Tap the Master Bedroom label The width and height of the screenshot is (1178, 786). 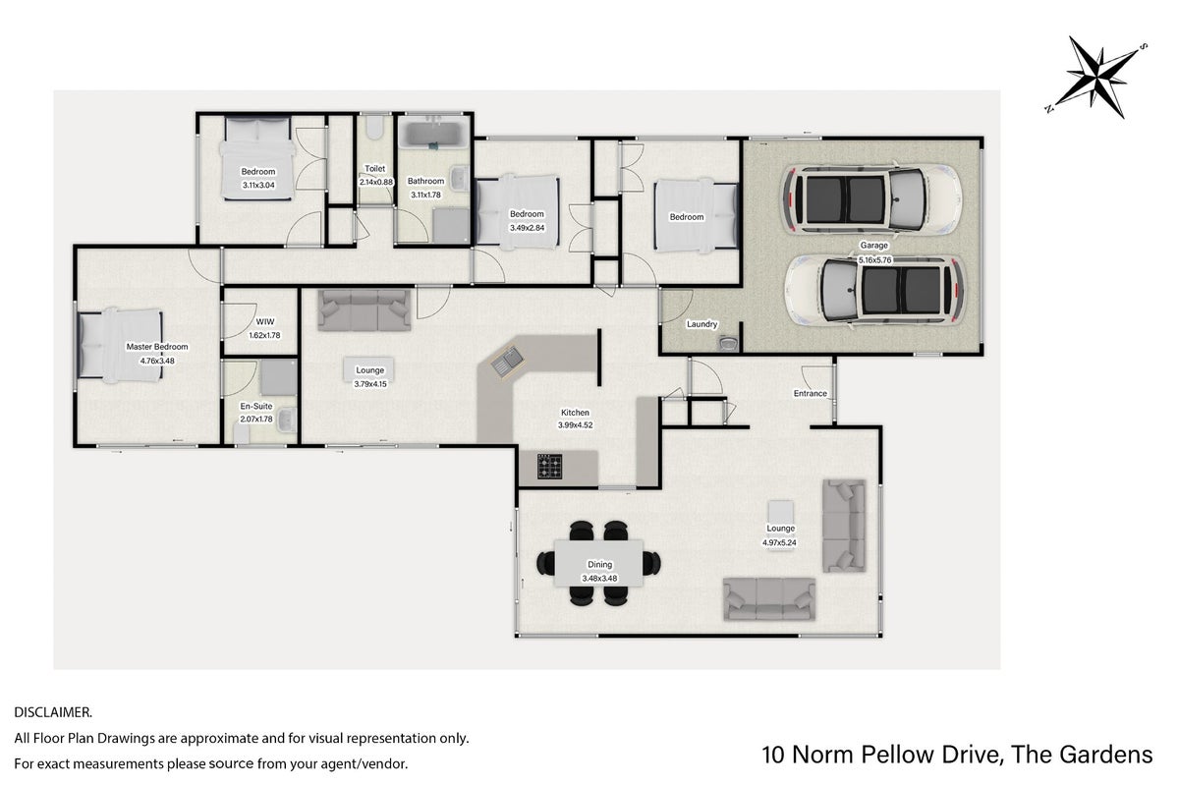[x=157, y=347]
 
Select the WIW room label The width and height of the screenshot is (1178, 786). [x=265, y=321]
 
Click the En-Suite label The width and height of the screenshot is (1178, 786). [x=256, y=406]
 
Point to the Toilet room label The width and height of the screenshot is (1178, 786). [x=375, y=168]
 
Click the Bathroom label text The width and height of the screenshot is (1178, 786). [x=426, y=181]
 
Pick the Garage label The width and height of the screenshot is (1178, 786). [x=873, y=245]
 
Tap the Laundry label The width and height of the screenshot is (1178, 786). [x=701, y=324]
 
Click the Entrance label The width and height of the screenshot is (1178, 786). [x=810, y=393]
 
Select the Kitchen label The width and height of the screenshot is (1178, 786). [x=575, y=413]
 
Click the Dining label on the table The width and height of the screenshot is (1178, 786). [x=599, y=564]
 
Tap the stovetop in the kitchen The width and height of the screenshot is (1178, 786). [x=549, y=466]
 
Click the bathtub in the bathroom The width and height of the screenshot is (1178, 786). [x=433, y=133]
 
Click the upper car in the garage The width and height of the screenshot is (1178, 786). [x=869, y=199]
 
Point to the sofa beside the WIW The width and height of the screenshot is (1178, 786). [x=365, y=309]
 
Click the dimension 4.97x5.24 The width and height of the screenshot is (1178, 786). [x=780, y=542]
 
